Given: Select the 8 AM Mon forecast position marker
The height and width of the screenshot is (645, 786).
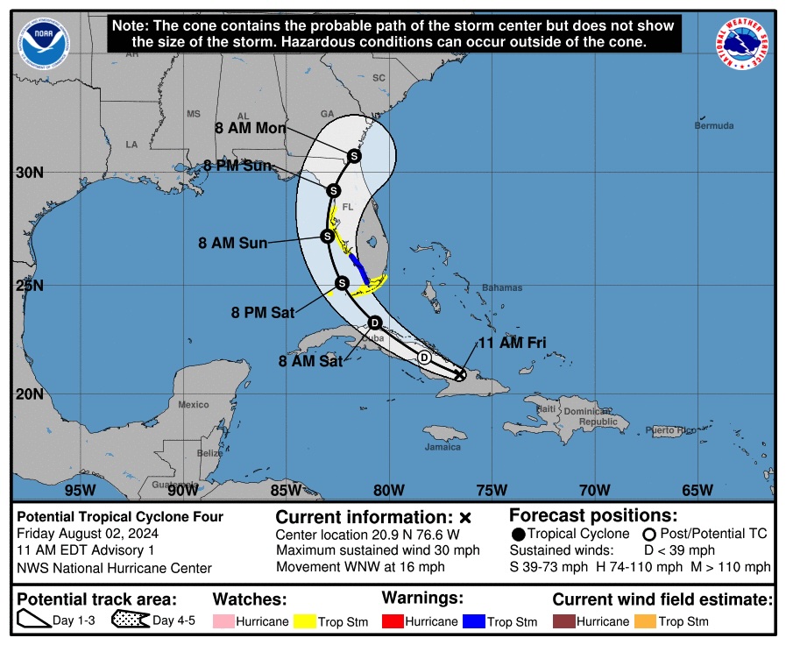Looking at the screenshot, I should click(x=354, y=156).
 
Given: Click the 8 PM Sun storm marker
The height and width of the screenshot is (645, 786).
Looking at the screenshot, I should click(x=333, y=190).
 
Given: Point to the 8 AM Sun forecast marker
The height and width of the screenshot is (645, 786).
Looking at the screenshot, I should click(x=327, y=236).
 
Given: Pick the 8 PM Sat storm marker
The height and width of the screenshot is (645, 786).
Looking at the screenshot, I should click(x=343, y=282).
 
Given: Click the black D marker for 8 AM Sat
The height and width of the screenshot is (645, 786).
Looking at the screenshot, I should click(x=374, y=322).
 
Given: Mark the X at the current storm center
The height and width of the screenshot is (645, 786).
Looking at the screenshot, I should click(x=460, y=374).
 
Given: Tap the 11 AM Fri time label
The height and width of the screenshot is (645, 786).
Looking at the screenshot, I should click(x=512, y=343).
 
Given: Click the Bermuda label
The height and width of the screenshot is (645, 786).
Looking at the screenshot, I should click(x=714, y=126).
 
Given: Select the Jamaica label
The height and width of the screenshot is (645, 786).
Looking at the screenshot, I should click(x=443, y=447).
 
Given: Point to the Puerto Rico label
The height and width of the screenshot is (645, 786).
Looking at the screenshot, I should click(x=669, y=430).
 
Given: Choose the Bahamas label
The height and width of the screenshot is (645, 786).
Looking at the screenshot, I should click(x=501, y=287).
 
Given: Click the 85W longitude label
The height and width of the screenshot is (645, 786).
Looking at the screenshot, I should click(x=286, y=490).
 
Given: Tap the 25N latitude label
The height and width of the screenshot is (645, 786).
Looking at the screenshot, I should click(x=29, y=285).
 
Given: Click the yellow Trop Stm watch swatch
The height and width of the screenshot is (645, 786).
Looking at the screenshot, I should click(x=304, y=621).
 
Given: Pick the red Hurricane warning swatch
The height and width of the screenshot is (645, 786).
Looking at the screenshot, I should click(x=393, y=621).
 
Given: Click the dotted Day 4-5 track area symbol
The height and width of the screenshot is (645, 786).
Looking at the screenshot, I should click(x=130, y=621).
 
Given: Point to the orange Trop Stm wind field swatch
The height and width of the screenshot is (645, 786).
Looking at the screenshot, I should click(x=645, y=621).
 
